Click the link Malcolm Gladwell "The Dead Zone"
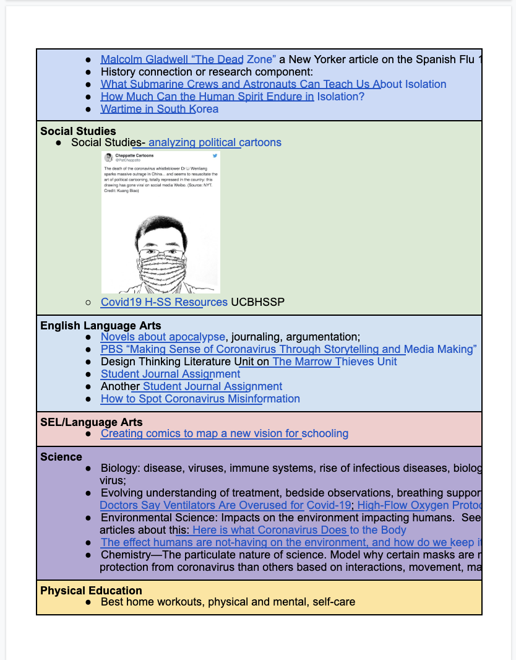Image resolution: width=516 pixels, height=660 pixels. tap(188, 59)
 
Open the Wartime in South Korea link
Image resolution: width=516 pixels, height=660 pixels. tap(159, 109)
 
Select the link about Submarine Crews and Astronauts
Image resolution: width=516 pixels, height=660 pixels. tap(273, 84)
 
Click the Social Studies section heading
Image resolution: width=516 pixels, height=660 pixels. tap(78, 131)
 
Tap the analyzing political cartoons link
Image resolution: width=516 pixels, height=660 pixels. tap(215, 142)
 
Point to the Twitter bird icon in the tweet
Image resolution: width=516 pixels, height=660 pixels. tap(215, 155)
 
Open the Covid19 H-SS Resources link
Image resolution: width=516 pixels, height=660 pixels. tap(164, 302)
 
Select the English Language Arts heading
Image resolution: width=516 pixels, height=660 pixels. tap(101, 326)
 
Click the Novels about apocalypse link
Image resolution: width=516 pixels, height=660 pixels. tap(163, 337)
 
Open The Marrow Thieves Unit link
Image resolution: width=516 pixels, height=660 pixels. tap(335, 362)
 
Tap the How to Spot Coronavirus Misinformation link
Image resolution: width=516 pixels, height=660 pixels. tap(200, 399)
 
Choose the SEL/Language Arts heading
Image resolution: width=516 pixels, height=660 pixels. tap(92, 422)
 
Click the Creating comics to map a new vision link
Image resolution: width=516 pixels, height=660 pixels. tap(224, 433)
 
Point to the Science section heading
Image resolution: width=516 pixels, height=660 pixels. tap(61, 457)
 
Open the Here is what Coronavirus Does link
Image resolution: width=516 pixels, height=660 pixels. tap(299, 530)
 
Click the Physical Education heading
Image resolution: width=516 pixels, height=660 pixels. tap(91, 591)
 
